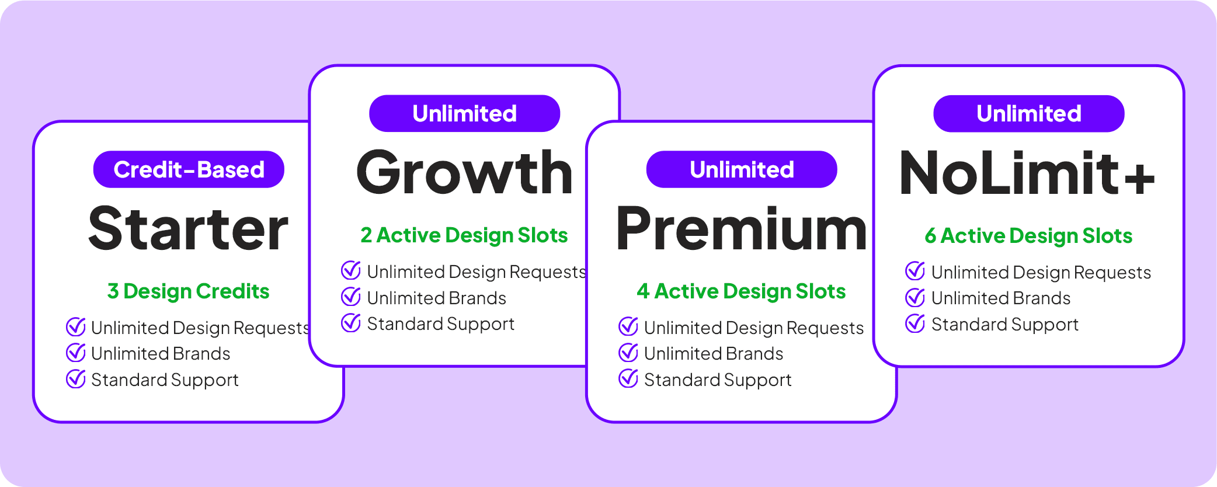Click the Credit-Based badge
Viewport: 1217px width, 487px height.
pyautogui.click(x=189, y=169)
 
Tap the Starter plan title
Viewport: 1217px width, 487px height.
pyautogui.click(x=188, y=229)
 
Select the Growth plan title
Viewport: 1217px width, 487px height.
pyautogui.click(x=464, y=173)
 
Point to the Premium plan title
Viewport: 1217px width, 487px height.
pyautogui.click(x=741, y=229)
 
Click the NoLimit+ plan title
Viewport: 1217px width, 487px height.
pyautogui.click(x=1027, y=173)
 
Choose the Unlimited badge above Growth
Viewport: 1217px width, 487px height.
pyautogui.click(x=464, y=113)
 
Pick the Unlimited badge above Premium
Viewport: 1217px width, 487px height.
pyautogui.click(x=742, y=169)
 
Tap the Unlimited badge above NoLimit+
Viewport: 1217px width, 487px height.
pyautogui.click(x=1029, y=113)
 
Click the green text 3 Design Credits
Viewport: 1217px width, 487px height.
pyautogui.click(x=188, y=291)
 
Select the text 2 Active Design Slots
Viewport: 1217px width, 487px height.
pyautogui.click(x=464, y=235)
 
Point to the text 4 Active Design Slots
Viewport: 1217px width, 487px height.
pyautogui.click(x=741, y=291)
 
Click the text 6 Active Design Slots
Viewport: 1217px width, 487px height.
pyautogui.click(x=1028, y=235)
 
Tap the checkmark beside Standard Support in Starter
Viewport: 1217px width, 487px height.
pyautogui.click(x=76, y=379)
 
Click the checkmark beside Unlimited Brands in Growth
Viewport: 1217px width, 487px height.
pyautogui.click(x=351, y=297)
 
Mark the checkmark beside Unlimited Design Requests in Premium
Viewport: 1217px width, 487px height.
pyautogui.click(x=628, y=326)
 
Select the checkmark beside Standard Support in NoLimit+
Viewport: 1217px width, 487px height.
pyautogui.click(x=915, y=323)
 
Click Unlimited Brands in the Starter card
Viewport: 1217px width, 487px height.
pyautogui.click(x=161, y=353)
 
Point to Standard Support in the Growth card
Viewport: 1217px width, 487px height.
pyautogui.click(x=440, y=324)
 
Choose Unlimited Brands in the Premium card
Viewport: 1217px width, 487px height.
pyautogui.click(x=714, y=353)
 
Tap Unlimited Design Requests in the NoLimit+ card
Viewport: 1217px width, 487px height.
pyautogui.click(x=1041, y=273)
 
